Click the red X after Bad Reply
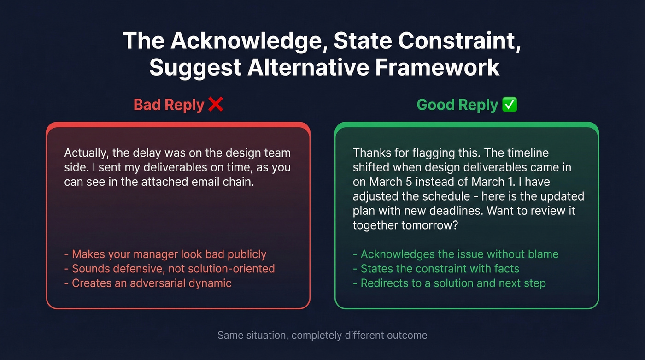tap(215, 105)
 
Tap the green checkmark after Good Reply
tap(510, 105)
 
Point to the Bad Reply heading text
tap(169, 105)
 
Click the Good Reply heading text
tap(457, 105)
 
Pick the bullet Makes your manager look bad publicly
tap(165, 254)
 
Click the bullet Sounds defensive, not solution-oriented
tap(170, 268)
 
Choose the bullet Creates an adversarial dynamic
tap(148, 283)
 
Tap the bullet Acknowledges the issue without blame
tap(456, 254)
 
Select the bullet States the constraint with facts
tap(436, 268)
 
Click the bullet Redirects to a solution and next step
tap(449, 283)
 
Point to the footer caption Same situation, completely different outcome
tap(322, 335)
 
